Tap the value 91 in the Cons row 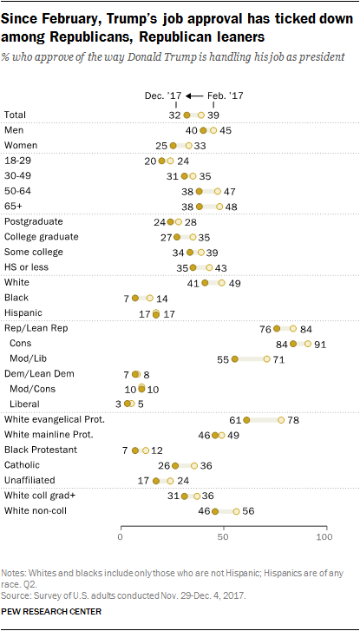(x=320, y=344)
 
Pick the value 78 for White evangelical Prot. (x=293, y=418)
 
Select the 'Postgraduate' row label (x=33, y=221)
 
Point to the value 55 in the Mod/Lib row (x=222, y=358)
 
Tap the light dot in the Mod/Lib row (x=266, y=358)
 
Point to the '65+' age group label (x=15, y=207)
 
